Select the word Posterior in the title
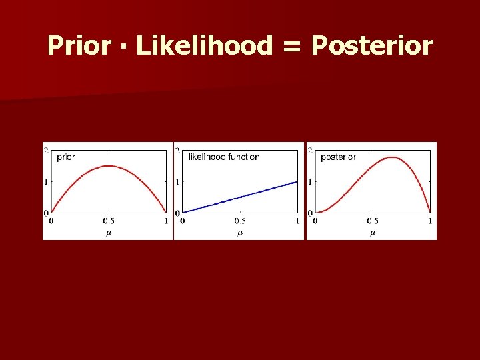coord(372,46)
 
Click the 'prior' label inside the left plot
coord(66,157)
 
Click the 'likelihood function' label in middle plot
coord(224,157)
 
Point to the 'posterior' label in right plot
coord(338,157)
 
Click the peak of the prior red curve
coord(109,166)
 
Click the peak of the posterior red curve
coord(393,157)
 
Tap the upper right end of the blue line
coord(297,182)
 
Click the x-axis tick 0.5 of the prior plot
coord(109,221)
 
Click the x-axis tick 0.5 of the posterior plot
coord(373,221)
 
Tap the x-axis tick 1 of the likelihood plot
coord(297,221)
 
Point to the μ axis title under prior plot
coord(109,233)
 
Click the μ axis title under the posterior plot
coord(373,233)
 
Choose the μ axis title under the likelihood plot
coord(240,233)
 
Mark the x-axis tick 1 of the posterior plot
coord(430,221)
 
